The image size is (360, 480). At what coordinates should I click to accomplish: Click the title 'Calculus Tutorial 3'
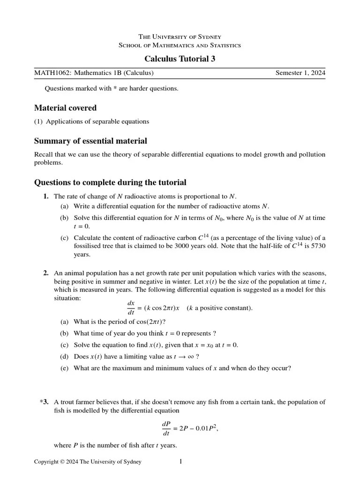tap(180, 59)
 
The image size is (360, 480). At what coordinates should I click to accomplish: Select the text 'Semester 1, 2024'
tap(300, 73)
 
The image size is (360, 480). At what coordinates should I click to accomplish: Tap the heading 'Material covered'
tap(65, 108)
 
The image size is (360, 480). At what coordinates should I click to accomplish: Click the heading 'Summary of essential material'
tap(90, 141)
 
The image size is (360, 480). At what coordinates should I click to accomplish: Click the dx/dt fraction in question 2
tap(131, 308)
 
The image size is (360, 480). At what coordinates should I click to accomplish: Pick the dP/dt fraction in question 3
tap(166, 428)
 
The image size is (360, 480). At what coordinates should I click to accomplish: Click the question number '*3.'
tap(45, 402)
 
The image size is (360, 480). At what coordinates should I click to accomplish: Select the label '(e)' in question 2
tap(64, 368)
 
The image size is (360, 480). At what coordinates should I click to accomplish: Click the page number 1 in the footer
tap(180, 462)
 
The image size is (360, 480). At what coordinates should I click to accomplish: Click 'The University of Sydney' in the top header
tap(180, 37)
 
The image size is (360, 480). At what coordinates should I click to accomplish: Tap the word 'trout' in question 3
tap(69, 402)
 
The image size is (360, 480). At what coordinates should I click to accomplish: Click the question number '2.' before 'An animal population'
tap(46, 272)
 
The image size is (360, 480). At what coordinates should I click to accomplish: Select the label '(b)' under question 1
tap(64, 218)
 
